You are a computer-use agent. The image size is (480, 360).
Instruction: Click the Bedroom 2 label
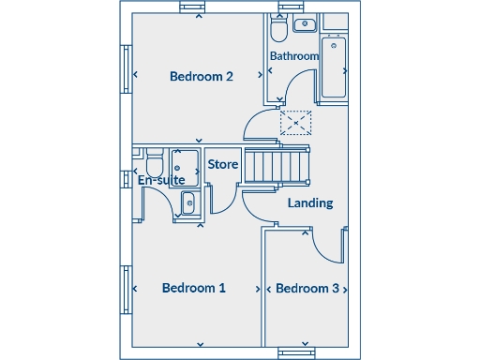(201, 77)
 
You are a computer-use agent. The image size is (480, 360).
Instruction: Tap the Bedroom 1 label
(193, 288)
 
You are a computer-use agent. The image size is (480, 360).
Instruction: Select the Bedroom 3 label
(307, 288)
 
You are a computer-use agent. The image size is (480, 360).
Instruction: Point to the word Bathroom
(294, 56)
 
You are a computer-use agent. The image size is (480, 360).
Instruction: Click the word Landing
(309, 202)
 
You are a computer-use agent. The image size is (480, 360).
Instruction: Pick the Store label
(223, 165)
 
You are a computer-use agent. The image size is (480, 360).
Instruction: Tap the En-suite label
(160, 180)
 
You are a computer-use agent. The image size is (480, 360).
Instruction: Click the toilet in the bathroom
(278, 30)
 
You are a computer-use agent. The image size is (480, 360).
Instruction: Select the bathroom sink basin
(306, 25)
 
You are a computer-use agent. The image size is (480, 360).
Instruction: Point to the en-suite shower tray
(185, 166)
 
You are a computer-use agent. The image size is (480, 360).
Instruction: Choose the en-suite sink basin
(187, 202)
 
